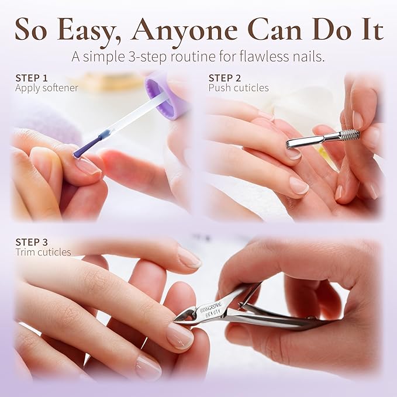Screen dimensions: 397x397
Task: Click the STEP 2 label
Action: [x=225, y=78]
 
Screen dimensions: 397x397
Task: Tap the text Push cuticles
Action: [x=239, y=88]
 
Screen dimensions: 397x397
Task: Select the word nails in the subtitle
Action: [x=305, y=58]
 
